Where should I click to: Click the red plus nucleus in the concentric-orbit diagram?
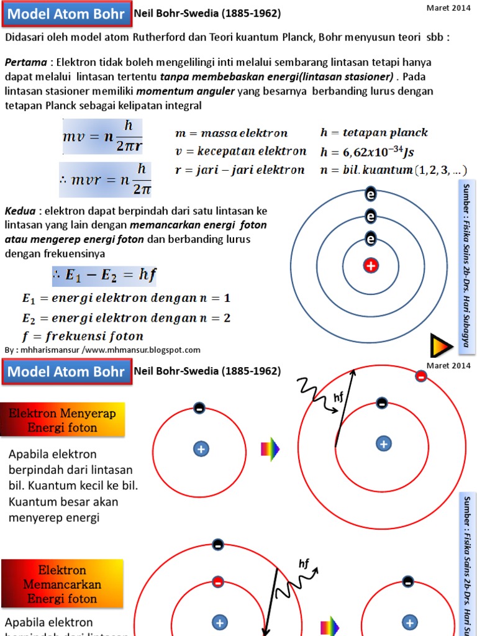point(371,266)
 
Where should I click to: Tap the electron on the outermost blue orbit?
point(371,194)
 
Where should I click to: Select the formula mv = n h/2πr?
point(102,135)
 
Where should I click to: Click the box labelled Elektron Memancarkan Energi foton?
point(61,584)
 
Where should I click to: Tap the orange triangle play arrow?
point(440,345)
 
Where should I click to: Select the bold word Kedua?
point(20,211)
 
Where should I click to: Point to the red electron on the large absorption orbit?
point(420,376)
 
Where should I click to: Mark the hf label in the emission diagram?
point(304,563)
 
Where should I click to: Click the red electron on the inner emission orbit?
point(218,582)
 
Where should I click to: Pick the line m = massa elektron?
point(232,133)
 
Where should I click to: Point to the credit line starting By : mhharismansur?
point(102,350)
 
